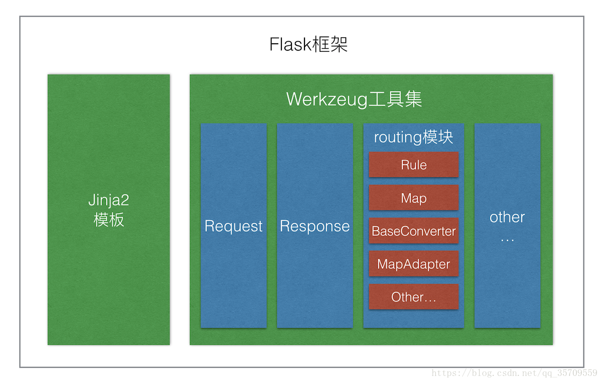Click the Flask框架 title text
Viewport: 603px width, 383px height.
click(x=309, y=44)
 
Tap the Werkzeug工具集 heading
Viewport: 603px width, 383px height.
click(x=354, y=100)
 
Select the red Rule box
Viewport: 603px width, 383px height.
click(x=414, y=164)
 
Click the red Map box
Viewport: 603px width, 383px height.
click(x=414, y=198)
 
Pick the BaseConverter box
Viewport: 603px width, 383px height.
click(x=414, y=231)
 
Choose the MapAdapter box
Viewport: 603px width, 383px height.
click(x=414, y=264)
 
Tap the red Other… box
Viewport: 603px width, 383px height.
click(x=414, y=297)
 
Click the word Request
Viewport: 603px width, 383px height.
click(x=233, y=226)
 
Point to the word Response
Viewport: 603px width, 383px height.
click(x=315, y=226)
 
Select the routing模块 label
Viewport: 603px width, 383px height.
click(x=414, y=137)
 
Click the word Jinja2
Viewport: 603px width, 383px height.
click(x=109, y=201)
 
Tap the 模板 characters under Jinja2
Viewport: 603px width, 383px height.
click(x=109, y=220)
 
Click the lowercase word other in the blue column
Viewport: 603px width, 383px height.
click(x=507, y=217)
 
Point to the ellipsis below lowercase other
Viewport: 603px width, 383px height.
click(x=508, y=240)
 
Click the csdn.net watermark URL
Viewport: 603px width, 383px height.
click(x=515, y=373)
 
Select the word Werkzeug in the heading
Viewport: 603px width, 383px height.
click(x=327, y=100)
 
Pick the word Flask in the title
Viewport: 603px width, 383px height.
click(x=290, y=44)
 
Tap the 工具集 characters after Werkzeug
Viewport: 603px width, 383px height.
click(x=395, y=99)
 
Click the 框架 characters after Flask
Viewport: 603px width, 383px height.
click(x=330, y=44)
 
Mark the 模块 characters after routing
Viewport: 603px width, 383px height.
click(x=438, y=137)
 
